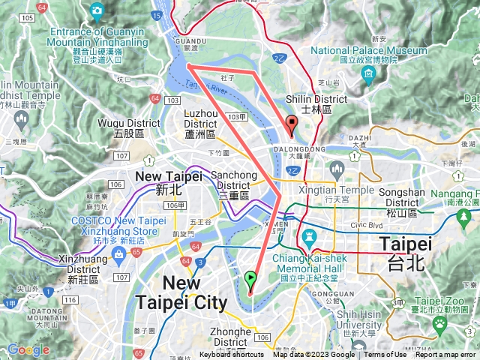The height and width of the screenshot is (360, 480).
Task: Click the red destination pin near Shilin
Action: (x=291, y=125)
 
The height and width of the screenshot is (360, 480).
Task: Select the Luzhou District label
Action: (x=200, y=122)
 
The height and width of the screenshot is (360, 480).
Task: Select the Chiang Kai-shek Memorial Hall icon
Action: (x=307, y=239)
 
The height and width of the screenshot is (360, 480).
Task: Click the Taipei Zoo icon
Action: (x=440, y=323)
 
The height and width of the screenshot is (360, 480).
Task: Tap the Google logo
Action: (x=28, y=349)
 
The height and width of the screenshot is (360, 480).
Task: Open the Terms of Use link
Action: (x=385, y=355)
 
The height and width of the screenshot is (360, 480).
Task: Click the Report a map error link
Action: (x=445, y=355)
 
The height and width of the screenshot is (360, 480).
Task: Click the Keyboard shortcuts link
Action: (x=232, y=355)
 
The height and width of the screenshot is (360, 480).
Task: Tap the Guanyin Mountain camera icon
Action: (x=97, y=10)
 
